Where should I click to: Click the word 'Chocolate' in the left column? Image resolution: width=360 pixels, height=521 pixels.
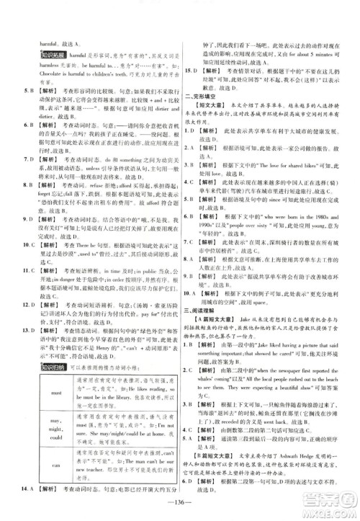35,81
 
